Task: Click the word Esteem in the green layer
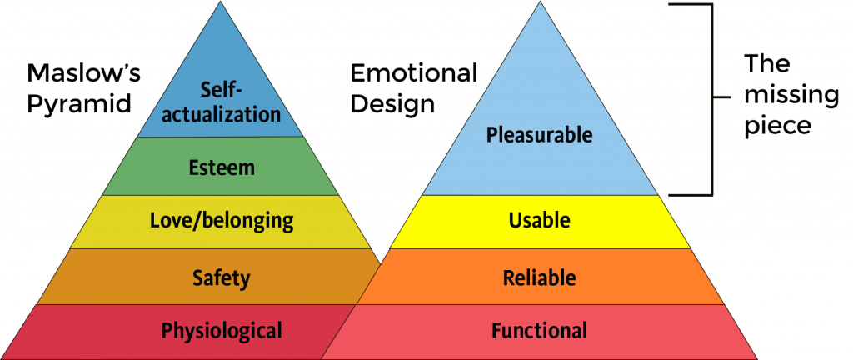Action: point(222,167)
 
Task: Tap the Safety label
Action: point(222,277)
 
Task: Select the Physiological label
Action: point(222,330)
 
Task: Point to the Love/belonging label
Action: point(222,220)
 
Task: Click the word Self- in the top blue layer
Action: point(221,90)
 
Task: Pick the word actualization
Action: point(221,114)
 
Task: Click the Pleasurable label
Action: point(539,134)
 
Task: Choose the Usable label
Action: point(539,220)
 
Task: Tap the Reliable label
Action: point(539,277)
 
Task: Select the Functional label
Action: point(539,330)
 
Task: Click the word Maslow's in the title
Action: point(84,72)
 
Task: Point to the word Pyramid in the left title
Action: point(79,102)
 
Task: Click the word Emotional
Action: point(414,72)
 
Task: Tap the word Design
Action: point(392,103)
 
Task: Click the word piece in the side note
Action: point(778,126)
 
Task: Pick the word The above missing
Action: point(766,63)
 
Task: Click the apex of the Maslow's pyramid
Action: point(221,2)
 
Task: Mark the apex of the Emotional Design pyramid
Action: point(540,2)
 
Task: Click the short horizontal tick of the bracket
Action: point(721,97)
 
